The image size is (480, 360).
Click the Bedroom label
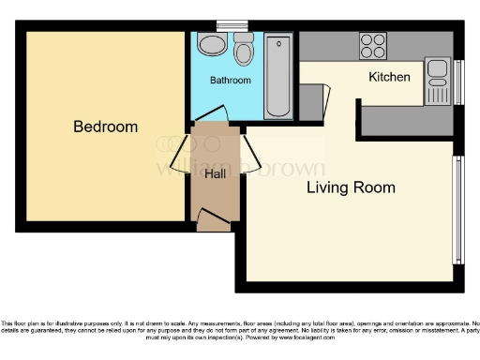(x=106, y=127)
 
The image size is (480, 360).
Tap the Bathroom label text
(x=230, y=81)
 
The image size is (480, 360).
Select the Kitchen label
(x=389, y=76)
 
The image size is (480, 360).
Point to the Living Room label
(x=352, y=187)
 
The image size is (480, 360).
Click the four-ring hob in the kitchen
(x=373, y=46)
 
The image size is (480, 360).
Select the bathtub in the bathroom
(x=277, y=76)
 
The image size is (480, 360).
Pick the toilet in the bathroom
(x=244, y=49)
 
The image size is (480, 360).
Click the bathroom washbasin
(x=210, y=47)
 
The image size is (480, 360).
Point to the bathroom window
(x=232, y=25)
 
